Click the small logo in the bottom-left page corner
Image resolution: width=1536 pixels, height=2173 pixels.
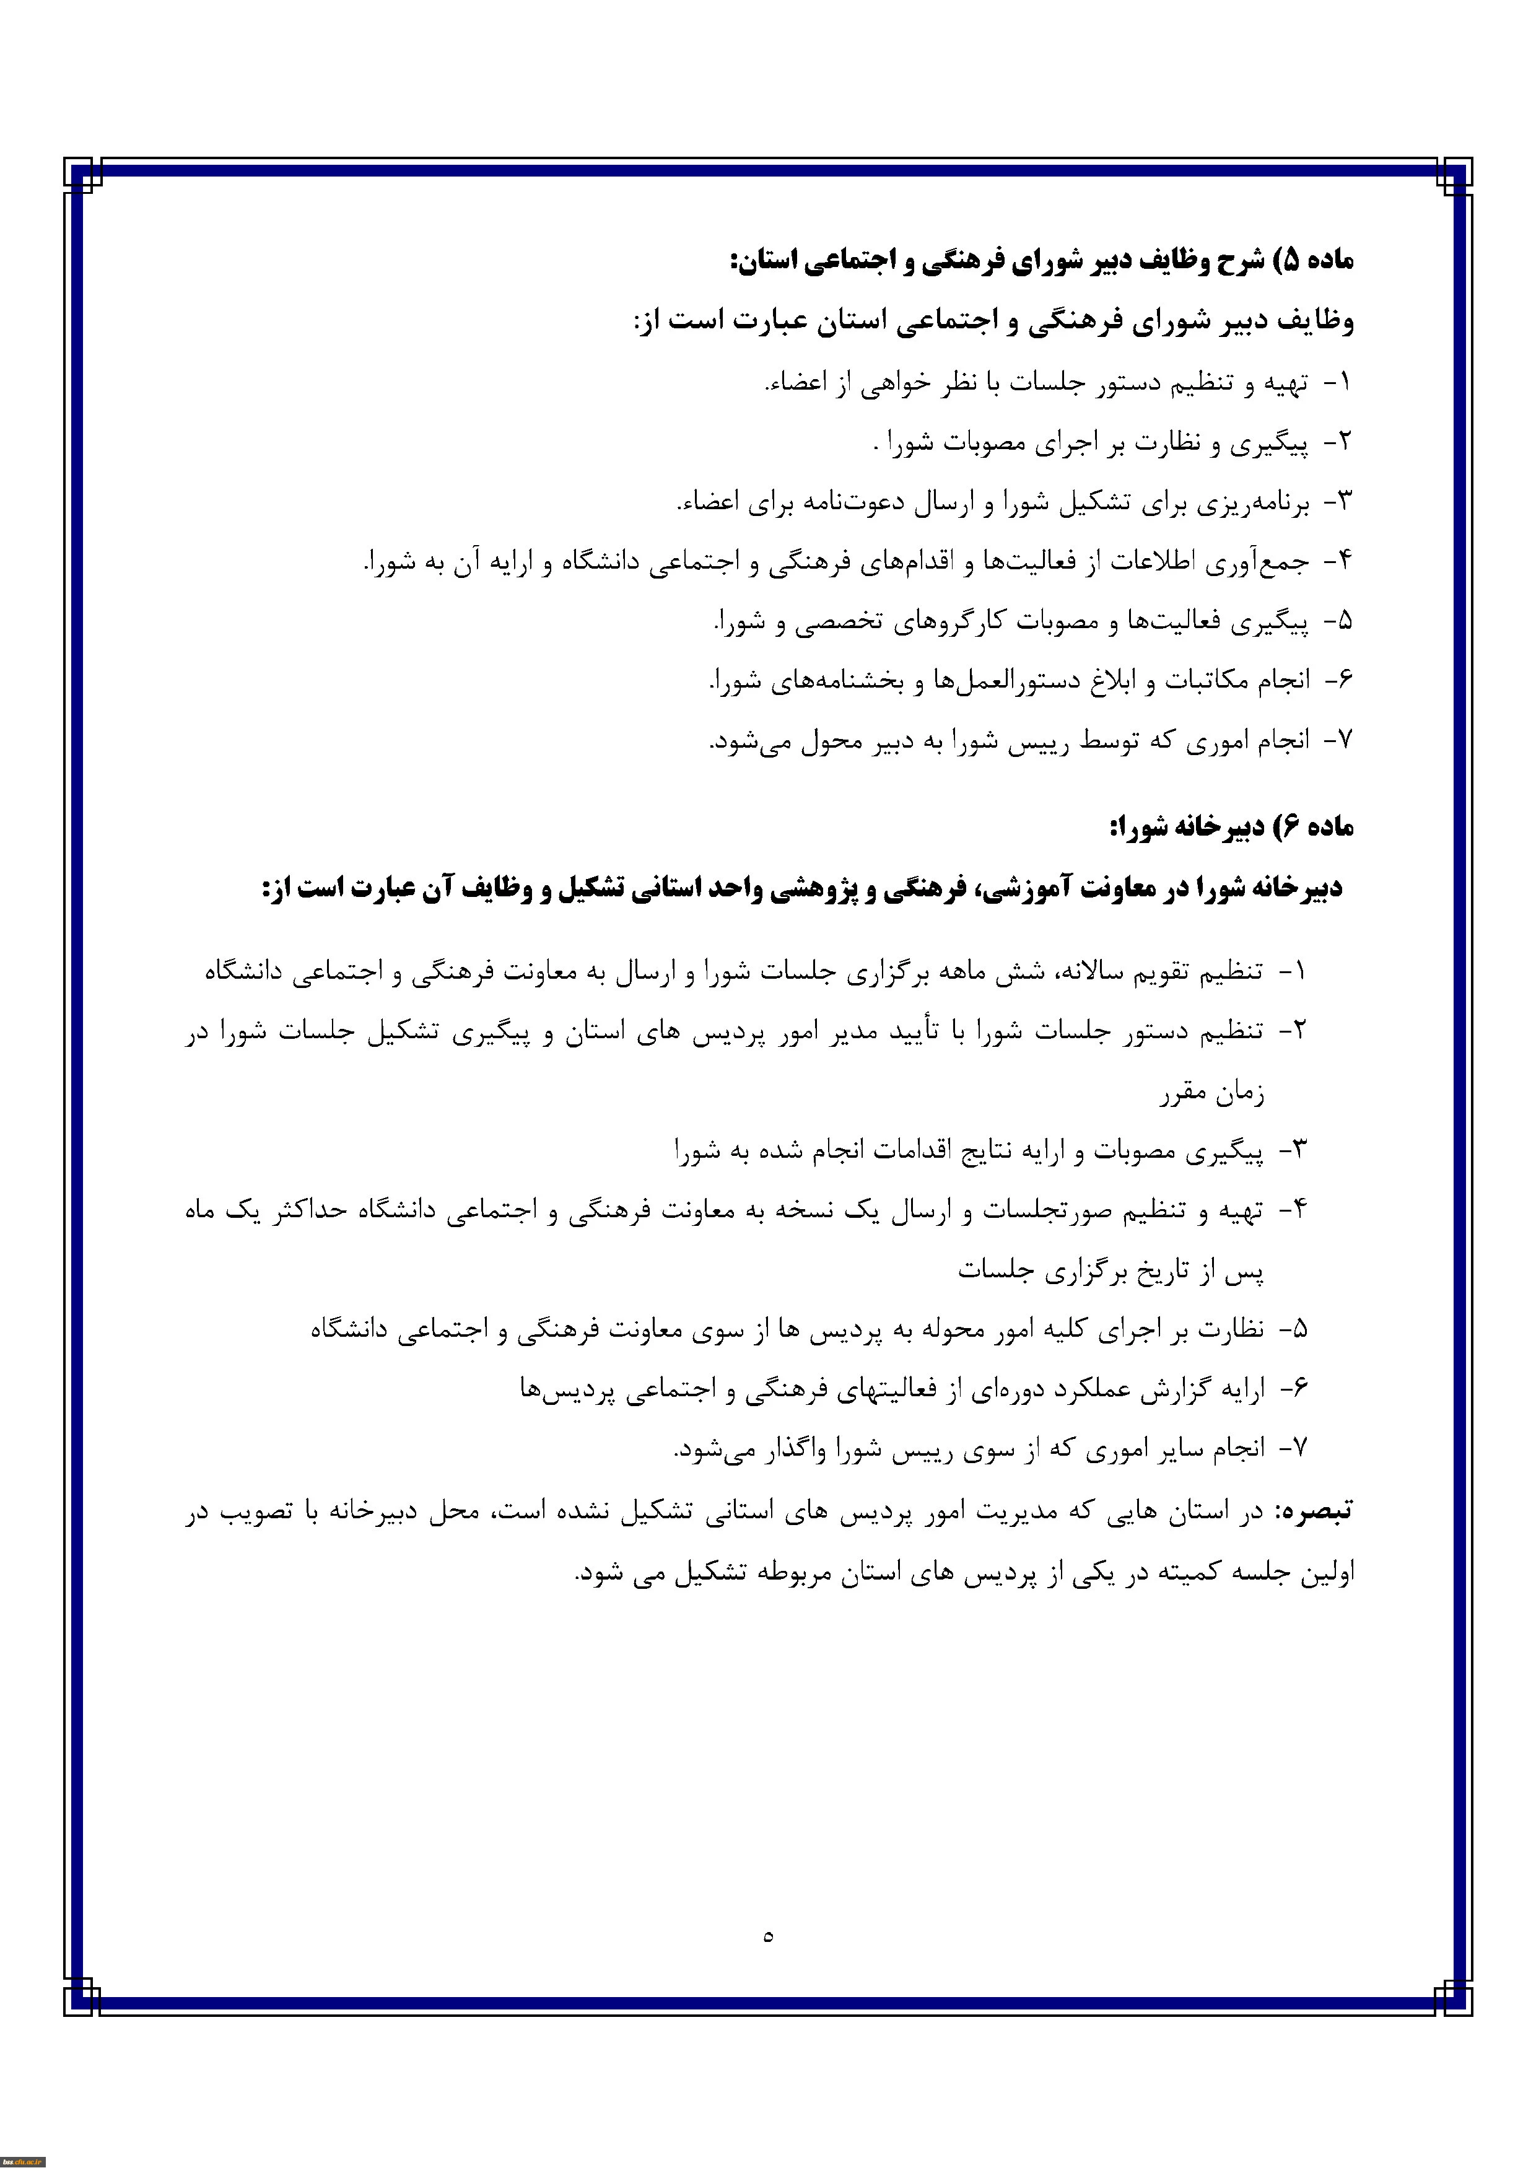(x=23, y=2162)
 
